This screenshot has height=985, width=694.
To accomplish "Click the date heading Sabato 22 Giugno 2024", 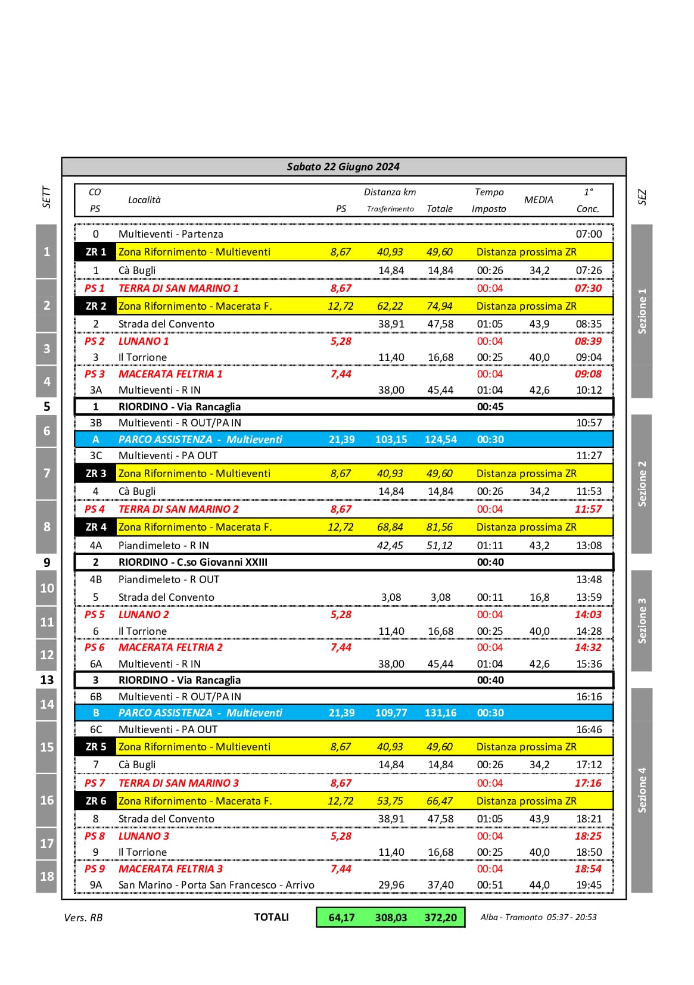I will tap(343, 167).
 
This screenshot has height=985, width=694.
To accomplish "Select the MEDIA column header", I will tap(539, 200).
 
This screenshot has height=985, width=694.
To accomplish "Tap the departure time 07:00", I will tap(589, 234).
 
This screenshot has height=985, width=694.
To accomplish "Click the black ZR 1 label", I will tap(95, 252).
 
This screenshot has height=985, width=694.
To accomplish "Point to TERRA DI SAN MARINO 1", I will tap(178, 288).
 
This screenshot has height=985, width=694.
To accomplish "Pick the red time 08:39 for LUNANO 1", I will tap(588, 341).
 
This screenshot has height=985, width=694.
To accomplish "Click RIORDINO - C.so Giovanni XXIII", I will tap(192, 562).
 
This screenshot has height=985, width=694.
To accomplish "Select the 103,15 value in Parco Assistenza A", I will tap(391, 439).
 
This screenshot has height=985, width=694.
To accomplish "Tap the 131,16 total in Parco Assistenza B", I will tap(440, 713).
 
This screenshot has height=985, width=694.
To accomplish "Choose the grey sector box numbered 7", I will tap(47, 473).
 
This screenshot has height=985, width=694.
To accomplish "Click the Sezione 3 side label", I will tap(642, 621).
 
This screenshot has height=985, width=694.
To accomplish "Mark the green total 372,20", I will tap(440, 918).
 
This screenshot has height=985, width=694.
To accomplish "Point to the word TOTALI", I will tap(271, 917).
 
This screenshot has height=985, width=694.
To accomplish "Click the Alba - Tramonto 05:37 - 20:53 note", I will tap(539, 917).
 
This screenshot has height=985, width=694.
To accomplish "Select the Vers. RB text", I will tap(83, 918).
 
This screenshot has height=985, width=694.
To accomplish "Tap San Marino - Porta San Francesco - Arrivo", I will tap(216, 885).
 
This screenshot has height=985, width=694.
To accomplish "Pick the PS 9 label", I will tap(94, 869).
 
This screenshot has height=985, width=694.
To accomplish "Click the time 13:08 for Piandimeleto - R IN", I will tap(589, 546).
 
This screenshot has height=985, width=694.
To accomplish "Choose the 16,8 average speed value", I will tap(539, 597).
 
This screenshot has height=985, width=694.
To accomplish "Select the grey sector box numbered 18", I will tap(47, 877).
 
